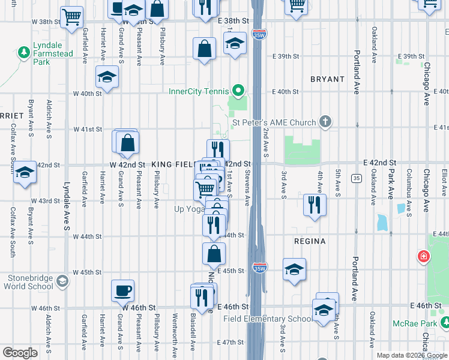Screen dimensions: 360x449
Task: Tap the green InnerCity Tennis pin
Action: point(238,92)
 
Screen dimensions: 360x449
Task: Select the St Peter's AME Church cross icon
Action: point(325,122)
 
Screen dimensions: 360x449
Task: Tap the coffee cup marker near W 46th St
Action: point(122,290)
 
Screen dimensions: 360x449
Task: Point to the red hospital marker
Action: point(424,257)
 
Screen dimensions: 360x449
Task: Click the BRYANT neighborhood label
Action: point(327,79)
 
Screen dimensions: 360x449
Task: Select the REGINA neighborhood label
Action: point(310,241)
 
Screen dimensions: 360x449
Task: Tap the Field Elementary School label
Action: point(268,319)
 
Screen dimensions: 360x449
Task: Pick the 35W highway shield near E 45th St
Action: point(259,266)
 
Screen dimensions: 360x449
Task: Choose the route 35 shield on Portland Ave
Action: point(357,178)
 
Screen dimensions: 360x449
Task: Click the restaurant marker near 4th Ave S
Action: point(315,205)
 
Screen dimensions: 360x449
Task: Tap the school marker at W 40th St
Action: point(107,77)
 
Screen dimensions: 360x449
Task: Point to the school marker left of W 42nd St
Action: point(25,172)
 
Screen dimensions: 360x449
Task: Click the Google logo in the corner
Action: point(20,353)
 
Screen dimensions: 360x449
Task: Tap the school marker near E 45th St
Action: point(294,269)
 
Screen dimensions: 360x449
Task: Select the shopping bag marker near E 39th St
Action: point(205,49)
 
